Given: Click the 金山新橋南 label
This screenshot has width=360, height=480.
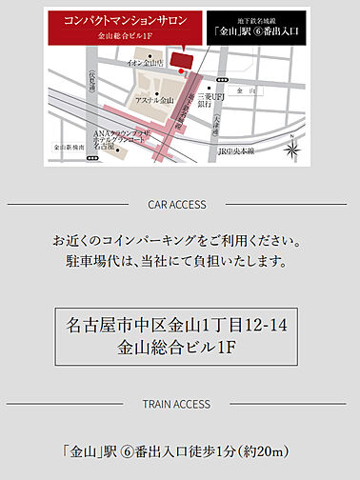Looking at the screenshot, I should (70, 149).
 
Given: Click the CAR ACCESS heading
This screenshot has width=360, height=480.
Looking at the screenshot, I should (179, 204).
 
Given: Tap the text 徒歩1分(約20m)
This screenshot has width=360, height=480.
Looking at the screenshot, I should (239, 450).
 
